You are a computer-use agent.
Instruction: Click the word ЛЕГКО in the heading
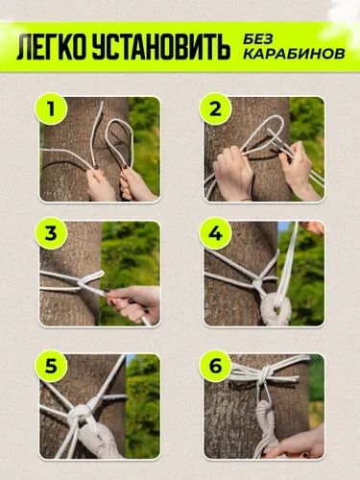coord(52,48)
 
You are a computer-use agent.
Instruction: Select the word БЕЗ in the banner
coord(257,39)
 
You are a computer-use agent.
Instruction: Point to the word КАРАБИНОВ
coord(294,54)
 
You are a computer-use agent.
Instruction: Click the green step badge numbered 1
coord(51,109)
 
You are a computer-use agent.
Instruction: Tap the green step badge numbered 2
coord(215,109)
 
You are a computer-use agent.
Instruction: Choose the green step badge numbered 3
coord(51,233)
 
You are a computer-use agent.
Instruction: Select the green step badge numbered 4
coord(215,233)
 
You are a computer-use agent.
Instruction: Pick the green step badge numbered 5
coord(51,367)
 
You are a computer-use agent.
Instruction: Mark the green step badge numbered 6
coord(215,367)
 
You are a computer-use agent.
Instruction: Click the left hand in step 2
coord(232,174)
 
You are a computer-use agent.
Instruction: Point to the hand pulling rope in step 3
coord(134,302)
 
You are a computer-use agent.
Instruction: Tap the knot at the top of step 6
coord(265,373)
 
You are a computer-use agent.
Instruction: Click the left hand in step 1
coord(100,185)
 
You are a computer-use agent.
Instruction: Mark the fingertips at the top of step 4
coord(312,228)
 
